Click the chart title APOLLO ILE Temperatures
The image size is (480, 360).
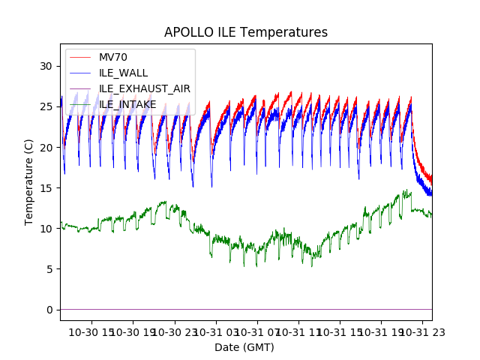[x=246, y=33]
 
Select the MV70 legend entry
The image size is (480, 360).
[x=113, y=58]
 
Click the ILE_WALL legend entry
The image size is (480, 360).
[x=123, y=73]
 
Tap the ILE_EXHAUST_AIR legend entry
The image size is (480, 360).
[x=144, y=88]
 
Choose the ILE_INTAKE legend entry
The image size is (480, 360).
[x=127, y=104]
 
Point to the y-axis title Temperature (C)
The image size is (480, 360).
[x=29, y=182]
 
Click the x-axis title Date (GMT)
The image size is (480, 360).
[x=244, y=347]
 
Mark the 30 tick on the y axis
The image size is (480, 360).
[x=46, y=66]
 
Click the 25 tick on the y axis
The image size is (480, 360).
[x=46, y=106]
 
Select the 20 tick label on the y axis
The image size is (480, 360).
[x=46, y=147]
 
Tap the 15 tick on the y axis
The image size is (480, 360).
[x=46, y=187]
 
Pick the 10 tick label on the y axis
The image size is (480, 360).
[x=46, y=229]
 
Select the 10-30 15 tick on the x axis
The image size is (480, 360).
[x=92, y=331]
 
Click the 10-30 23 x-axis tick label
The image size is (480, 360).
[x=175, y=331]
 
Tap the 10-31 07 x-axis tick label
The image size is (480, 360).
[x=257, y=331]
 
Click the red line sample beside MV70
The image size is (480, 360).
[x=79, y=58]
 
